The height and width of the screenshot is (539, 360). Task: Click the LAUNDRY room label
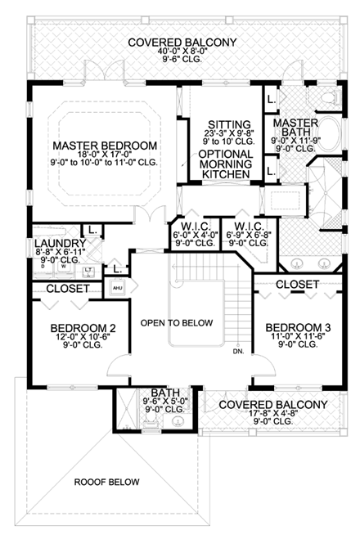pos(60,244)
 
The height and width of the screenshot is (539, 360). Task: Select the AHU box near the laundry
pos(116,289)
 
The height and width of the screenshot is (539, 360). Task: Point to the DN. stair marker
pos(238,353)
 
